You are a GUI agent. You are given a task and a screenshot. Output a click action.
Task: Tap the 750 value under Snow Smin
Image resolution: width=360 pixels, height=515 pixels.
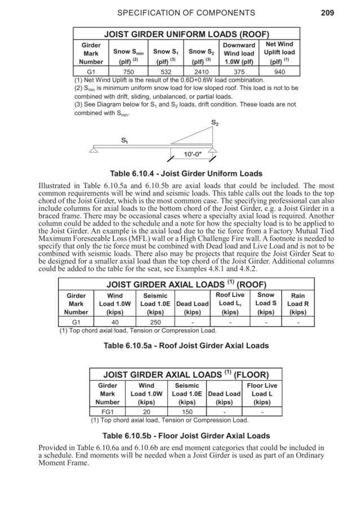[129, 72]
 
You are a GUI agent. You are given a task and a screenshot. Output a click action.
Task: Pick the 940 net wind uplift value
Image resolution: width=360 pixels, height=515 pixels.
[279, 72]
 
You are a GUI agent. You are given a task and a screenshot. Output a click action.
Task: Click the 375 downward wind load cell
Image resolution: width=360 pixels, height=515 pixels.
[239, 72]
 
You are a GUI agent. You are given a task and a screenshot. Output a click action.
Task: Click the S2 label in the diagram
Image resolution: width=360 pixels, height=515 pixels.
[215, 122]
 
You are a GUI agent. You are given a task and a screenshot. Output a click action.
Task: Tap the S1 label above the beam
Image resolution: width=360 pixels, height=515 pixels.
[125, 141]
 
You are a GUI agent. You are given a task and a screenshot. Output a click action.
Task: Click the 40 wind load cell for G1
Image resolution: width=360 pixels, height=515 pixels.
[114, 322]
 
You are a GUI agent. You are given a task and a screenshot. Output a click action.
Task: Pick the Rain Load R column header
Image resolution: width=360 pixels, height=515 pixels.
[297, 303]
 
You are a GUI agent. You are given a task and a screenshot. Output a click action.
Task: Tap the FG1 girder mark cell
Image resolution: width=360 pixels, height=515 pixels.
[107, 412]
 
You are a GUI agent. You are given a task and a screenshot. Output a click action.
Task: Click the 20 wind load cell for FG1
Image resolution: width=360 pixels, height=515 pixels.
[146, 412]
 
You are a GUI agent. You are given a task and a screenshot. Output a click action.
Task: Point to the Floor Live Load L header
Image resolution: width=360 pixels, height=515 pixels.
[262, 394]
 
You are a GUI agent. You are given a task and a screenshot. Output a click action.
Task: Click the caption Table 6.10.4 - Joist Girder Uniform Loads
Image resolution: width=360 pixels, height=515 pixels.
[180, 174]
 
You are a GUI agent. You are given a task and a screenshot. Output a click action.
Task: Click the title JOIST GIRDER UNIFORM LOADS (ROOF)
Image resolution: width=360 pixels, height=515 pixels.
[185, 34]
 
